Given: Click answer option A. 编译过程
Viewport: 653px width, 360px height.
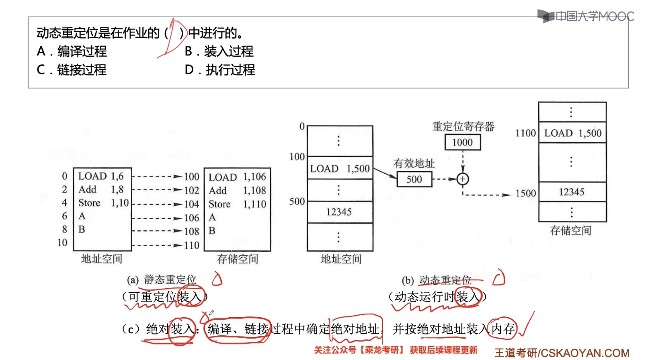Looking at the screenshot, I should tap(72, 51).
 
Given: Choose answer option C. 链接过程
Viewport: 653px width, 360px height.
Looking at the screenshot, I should tap(72, 70).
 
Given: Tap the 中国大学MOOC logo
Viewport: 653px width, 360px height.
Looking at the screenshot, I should tap(586, 16).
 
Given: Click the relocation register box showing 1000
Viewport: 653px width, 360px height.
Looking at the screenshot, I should tap(463, 142).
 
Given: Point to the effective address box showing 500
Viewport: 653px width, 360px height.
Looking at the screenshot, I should tap(414, 179).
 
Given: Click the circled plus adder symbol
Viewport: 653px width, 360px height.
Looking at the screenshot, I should tap(463, 179).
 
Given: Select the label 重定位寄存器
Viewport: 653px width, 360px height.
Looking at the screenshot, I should tap(463, 126).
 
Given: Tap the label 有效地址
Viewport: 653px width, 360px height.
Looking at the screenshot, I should tap(414, 163).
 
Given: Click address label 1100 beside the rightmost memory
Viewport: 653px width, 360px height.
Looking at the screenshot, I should tap(525, 133).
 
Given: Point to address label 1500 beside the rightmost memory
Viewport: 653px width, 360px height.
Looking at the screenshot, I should tap(526, 193).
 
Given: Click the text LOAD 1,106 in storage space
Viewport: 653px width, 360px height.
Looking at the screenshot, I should tap(237, 177).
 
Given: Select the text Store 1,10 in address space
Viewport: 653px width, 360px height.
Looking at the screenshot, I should tap(103, 203).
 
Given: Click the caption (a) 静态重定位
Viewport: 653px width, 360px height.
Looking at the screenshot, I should tap(161, 280).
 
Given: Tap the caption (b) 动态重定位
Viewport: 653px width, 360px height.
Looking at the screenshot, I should tap(436, 280).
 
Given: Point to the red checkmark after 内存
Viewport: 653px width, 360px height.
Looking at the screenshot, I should tap(526, 324).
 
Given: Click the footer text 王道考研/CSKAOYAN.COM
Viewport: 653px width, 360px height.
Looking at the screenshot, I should tap(561, 353).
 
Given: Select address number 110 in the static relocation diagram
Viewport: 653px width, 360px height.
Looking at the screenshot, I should tap(192, 245).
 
